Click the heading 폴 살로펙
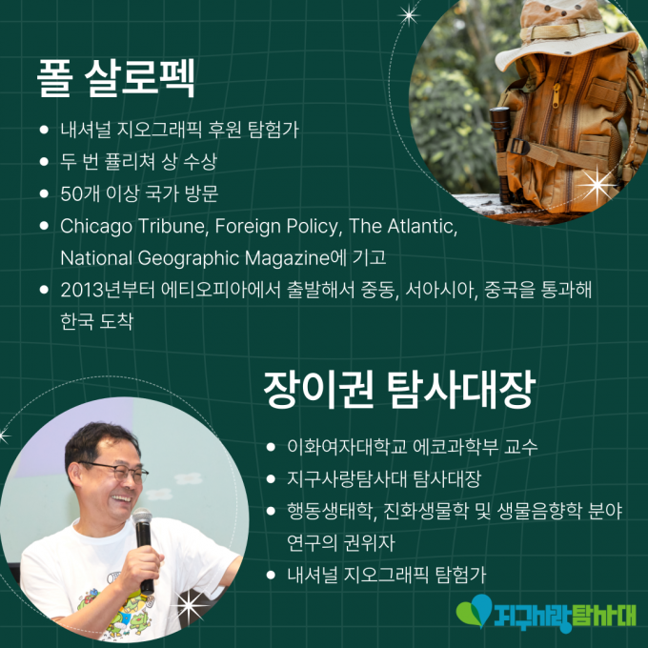pyautogui.click(x=116, y=78)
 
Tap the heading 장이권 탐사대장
pyautogui.click(x=399, y=390)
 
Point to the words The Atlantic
pyautogui.click(x=403, y=227)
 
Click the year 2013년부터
pyautogui.click(x=108, y=290)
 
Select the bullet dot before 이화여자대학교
pyautogui.click(x=271, y=447)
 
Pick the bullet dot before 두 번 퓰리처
pyautogui.click(x=44, y=161)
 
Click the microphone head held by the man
pyautogui.click(x=142, y=516)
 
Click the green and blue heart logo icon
pyautogui.click(x=475, y=611)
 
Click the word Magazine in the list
pyautogui.click(x=287, y=258)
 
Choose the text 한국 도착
pyautogui.click(x=96, y=322)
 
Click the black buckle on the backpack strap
pyautogui.click(x=520, y=147)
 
